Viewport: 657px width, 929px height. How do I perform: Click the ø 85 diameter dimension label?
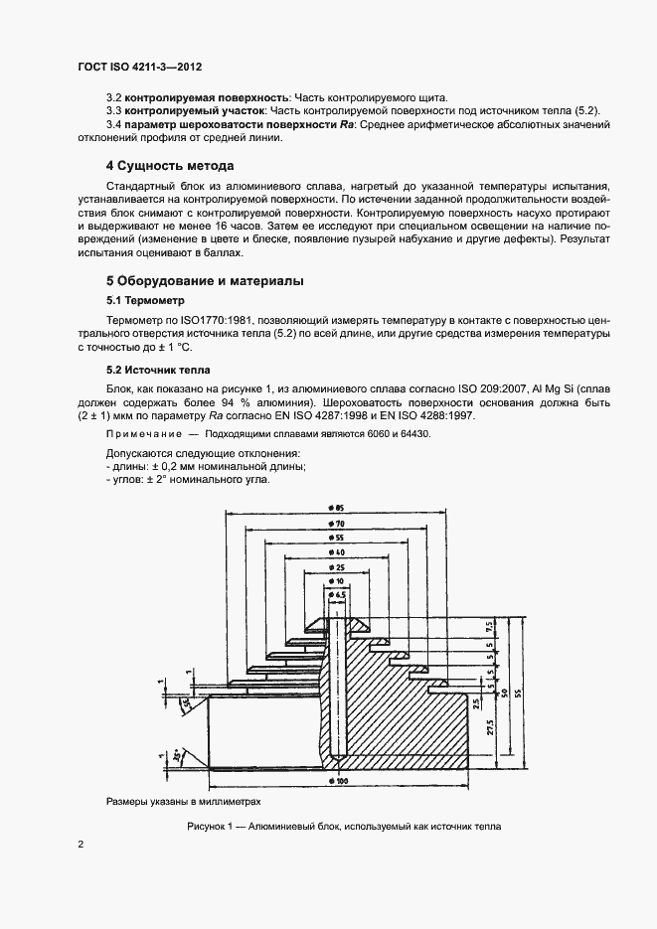coord(339,508)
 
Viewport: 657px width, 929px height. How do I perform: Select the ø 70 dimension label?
coord(339,523)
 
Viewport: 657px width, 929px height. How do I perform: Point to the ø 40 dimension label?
coord(339,551)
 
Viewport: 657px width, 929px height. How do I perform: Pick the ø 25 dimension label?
coord(339,566)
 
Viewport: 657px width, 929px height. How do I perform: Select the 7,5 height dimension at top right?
coord(490,628)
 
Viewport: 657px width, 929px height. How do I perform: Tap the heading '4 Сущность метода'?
coord(170,165)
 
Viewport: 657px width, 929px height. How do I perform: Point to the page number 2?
coord(80,844)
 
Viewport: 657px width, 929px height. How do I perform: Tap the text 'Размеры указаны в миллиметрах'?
coord(183,802)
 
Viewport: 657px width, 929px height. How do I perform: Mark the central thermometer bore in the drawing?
coord(339,686)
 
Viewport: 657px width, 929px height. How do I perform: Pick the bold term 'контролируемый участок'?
coord(183,109)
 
